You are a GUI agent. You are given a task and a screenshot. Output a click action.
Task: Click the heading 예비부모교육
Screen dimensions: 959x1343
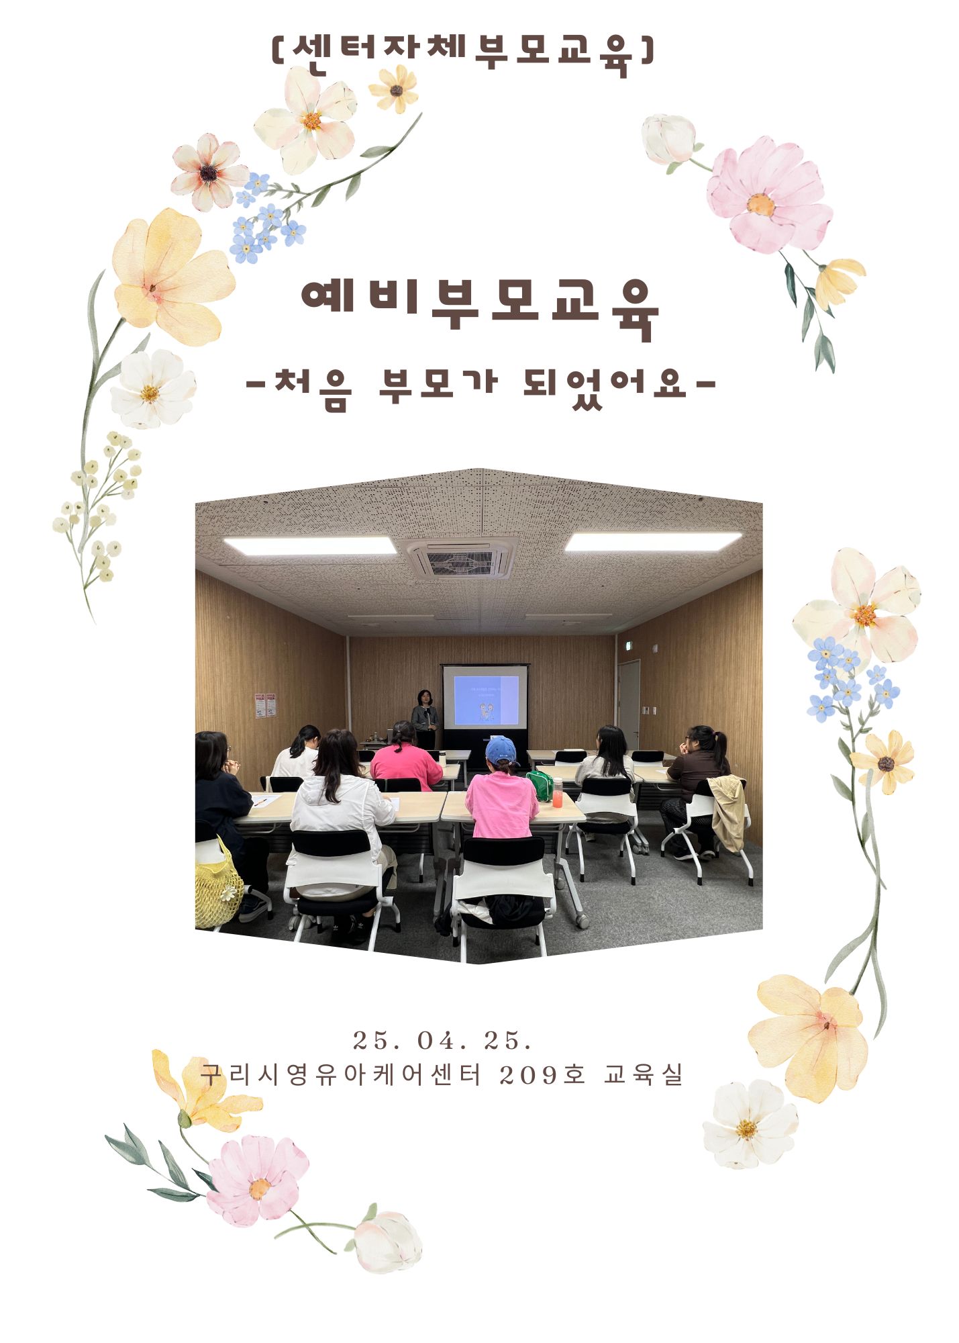click(x=480, y=307)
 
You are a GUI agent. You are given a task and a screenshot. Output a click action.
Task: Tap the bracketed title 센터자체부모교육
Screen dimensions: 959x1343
click(x=463, y=54)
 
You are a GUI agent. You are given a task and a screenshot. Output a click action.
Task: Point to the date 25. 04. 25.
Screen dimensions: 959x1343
click(x=443, y=1041)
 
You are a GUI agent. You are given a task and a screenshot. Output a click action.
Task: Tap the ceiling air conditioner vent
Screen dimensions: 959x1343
click(x=461, y=559)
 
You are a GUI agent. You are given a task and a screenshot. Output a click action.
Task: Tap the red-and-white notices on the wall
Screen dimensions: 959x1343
click(x=265, y=705)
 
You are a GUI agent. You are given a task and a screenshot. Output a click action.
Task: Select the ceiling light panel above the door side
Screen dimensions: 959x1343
click(x=654, y=541)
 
